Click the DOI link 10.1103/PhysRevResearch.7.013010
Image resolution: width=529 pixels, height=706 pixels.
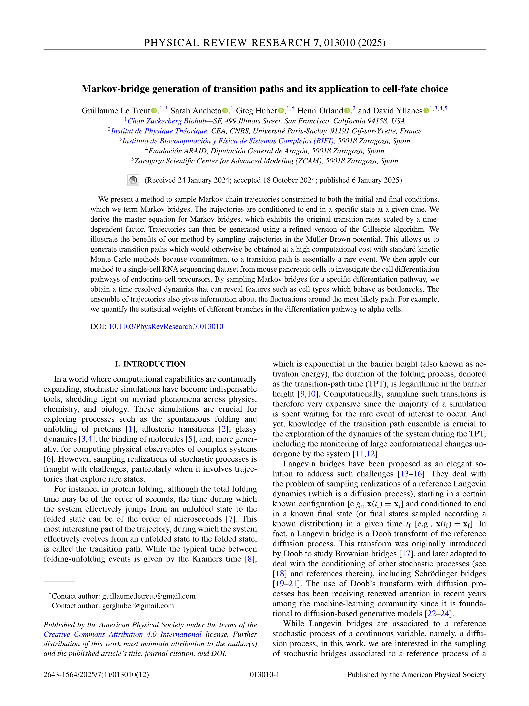click(x=166, y=326)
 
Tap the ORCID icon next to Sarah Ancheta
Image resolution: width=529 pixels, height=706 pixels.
click(x=225, y=111)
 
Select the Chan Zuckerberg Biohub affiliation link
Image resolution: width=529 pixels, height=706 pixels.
click(x=167, y=121)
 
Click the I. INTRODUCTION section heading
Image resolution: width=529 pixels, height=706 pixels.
click(x=150, y=364)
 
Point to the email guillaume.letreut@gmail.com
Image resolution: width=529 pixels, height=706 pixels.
click(x=149, y=596)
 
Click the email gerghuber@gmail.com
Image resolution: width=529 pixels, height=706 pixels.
click(x=138, y=606)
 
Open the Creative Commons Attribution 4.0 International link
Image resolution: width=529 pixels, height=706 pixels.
click(x=123, y=634)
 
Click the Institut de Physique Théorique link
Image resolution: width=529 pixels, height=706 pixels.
click(x=159, y=131)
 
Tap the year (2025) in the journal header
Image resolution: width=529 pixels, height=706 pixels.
click(x=372, y=43)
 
